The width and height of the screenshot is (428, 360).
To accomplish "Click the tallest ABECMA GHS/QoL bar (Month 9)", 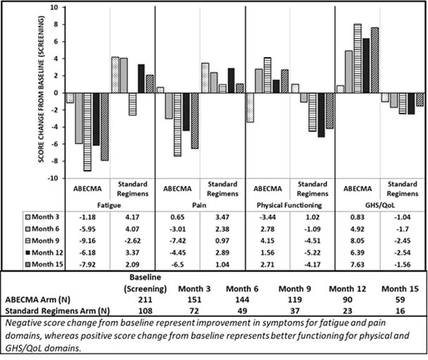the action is point(358,58).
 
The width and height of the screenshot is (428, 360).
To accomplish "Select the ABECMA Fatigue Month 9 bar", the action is point(87,132).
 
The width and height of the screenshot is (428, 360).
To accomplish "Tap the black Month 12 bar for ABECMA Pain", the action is point(186,112).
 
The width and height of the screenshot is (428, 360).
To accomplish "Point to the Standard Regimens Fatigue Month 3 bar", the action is point(115,75).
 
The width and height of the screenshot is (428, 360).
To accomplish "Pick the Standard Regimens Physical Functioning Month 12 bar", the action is point(321,115).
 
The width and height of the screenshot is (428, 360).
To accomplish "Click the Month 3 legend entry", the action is point(42,217).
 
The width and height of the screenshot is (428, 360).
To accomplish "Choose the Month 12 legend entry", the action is point(44,253).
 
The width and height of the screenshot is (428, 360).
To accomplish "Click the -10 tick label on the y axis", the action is point(53,178).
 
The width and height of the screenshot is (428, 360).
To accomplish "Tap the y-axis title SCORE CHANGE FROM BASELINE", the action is point(41,89).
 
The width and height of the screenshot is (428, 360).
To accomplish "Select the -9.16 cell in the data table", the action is point(87,240).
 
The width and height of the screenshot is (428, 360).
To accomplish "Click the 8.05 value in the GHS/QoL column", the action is point(358,240).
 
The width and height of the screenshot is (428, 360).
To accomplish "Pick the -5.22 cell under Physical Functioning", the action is point(313,253).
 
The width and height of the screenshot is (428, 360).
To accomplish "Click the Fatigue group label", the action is point(109,205).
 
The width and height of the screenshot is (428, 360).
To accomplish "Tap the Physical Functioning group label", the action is point(289,205).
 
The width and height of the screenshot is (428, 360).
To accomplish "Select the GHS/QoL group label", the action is point(380,205).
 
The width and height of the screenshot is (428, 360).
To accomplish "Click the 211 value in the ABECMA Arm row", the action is point(145,300).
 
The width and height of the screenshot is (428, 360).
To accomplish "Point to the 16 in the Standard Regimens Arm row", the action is point(400,311).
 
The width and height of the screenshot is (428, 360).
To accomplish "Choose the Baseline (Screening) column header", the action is point(145,283).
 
